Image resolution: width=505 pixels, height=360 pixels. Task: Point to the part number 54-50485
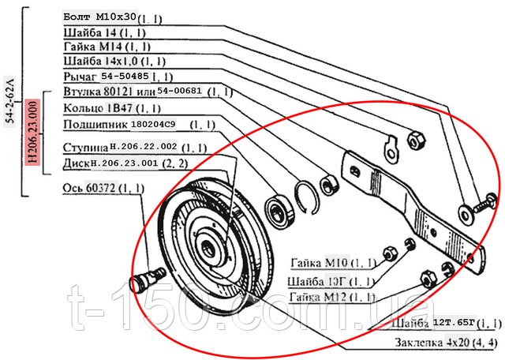click(x=124, y=77)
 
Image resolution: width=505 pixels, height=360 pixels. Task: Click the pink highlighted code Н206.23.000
click(x=32, y=132)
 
